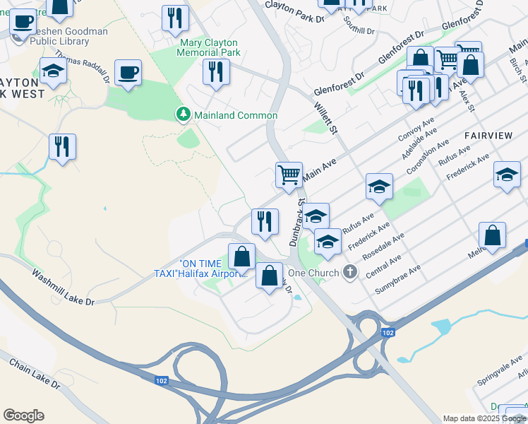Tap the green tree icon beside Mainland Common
pyautogui.click(x=183, y=114)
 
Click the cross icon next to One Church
pyautogui.click(x=349, y=272)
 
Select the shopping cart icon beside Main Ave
pyautogui.click(x=289, y=174)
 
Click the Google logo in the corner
pyautogui.click(x=23, y=416)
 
